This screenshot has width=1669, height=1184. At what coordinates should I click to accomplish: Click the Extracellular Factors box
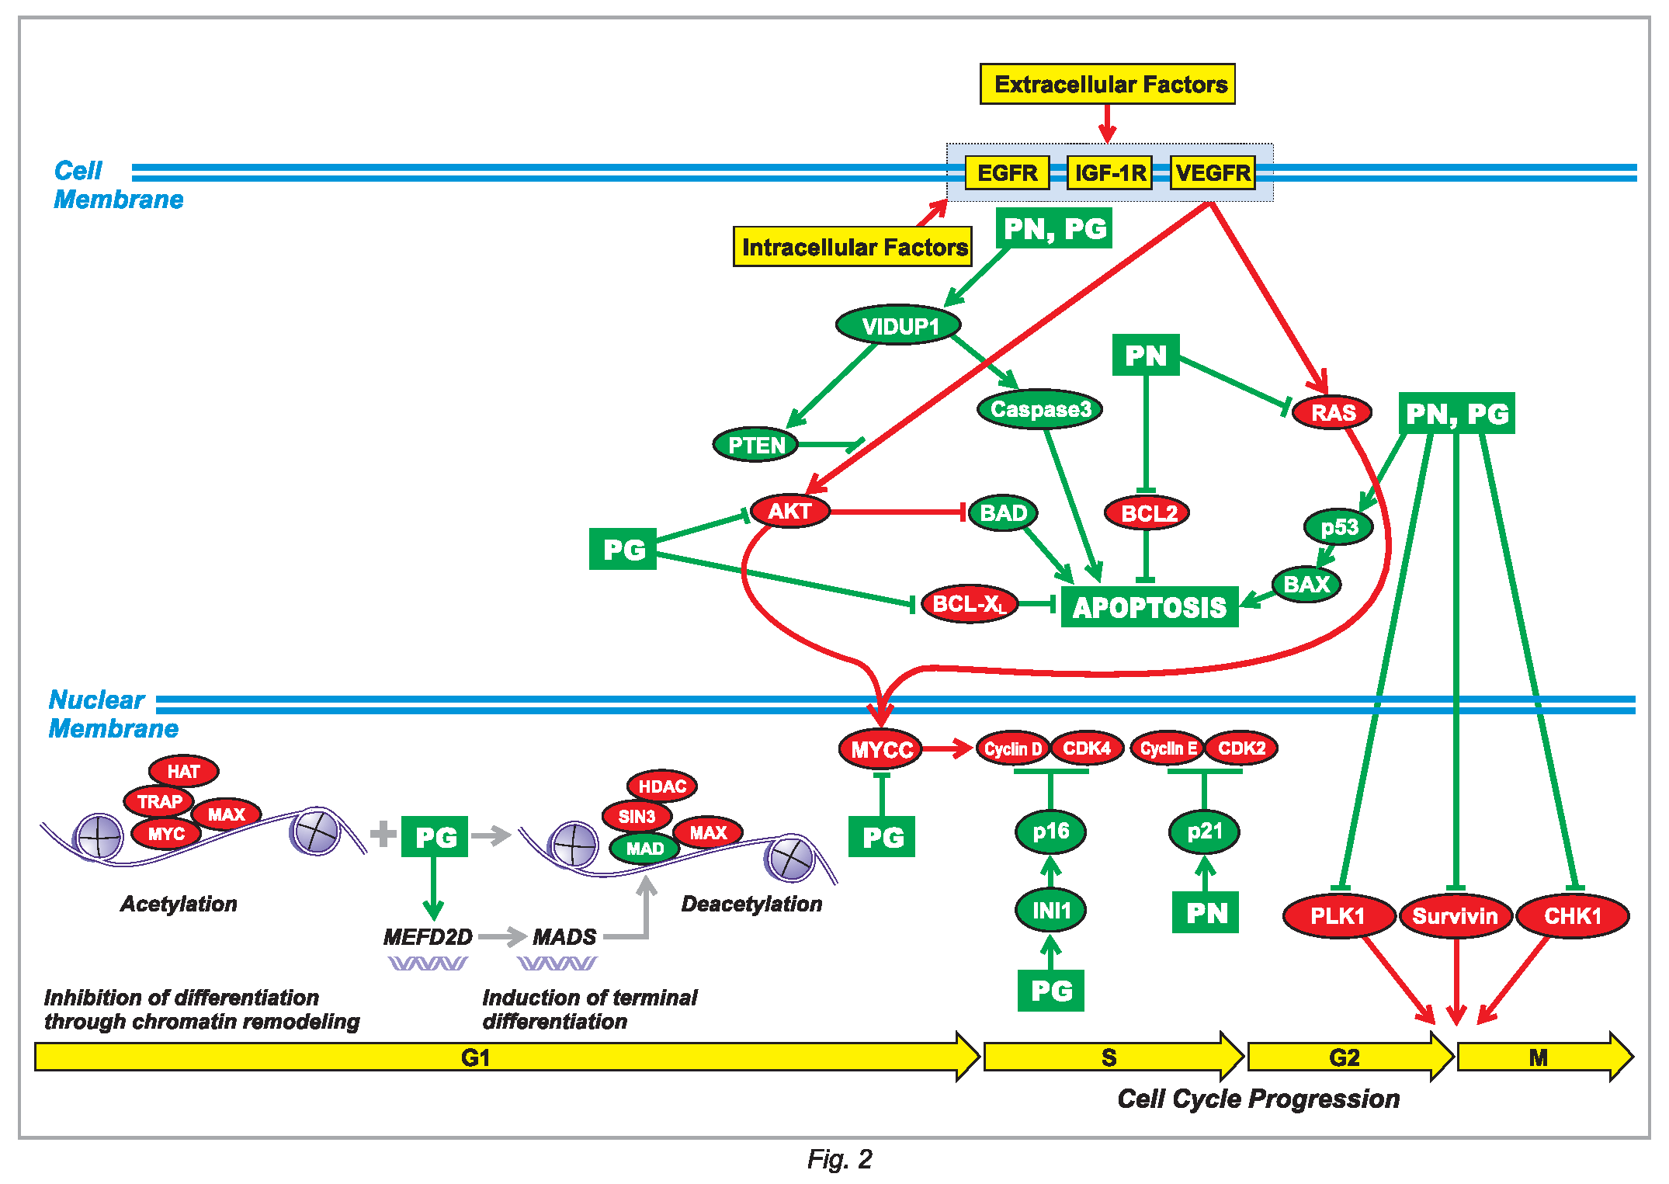click(1107, 84)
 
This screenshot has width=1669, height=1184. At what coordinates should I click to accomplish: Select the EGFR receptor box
click(1007, 172)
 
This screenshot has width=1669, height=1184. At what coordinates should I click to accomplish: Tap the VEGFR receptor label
click(1213, 172)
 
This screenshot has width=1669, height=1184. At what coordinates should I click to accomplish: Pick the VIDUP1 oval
click(898, 325)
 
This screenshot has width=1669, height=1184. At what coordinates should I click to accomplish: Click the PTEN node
click(755, 445)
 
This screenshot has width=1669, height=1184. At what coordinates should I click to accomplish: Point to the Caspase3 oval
click(1040, 409)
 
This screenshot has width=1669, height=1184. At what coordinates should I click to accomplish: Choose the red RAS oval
click(1332, 412)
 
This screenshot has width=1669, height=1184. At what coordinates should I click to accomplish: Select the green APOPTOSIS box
click(1149, 607)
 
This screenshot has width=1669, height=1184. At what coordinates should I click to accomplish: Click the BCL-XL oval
click(969, 604)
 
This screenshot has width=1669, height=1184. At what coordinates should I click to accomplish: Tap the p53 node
click(1338, 527)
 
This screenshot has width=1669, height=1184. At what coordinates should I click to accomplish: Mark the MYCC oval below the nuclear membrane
click(881, 749)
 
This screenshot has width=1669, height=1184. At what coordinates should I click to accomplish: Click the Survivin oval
click(1455, 916)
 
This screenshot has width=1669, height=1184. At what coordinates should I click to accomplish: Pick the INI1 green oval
click(1050, 910)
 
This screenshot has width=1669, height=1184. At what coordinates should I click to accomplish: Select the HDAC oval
click(661, 786)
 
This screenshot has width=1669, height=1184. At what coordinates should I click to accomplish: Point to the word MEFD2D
click(428, 937)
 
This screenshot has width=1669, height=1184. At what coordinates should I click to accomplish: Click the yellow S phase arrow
click(1110, 1057)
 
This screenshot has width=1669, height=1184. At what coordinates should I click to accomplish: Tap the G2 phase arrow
click(1346, 1057)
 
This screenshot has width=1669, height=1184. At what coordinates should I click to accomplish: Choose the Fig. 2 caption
click(839, 1159)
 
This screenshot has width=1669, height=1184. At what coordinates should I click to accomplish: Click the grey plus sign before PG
click(383, 834)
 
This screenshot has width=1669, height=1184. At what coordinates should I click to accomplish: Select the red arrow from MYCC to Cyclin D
click(947, 748)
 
